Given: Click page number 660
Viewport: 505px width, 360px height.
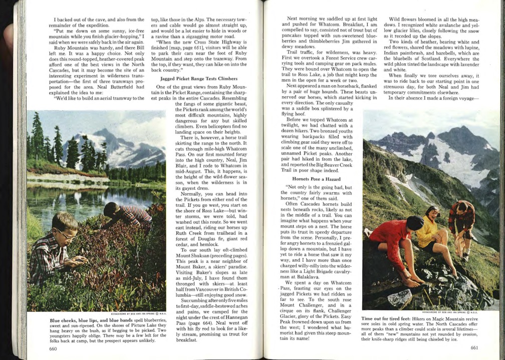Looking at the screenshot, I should pyautogui.click(x=54, y=348).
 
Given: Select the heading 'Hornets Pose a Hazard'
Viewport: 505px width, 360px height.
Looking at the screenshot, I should pyautogui.click(x=313, y=178).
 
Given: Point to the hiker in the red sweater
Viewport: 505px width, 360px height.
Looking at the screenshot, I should pyautogui.click(x=396, y=245).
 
